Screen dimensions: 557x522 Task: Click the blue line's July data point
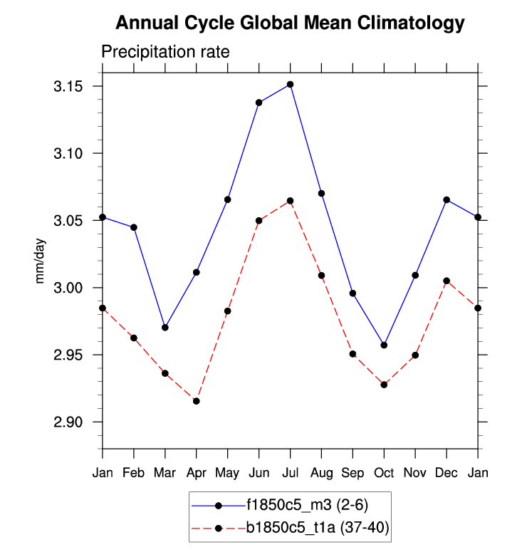(291, 85)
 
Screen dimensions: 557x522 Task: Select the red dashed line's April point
(197, 401)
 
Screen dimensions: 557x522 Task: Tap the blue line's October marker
(385, 345)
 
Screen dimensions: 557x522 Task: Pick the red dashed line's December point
(447, 281)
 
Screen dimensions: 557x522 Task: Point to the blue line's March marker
(165, 328)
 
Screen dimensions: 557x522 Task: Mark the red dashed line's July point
(291, 201)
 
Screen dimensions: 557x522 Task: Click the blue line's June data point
(259, 103)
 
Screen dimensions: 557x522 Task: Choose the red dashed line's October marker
(385, 385)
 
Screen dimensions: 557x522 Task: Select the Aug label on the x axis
(322, 473)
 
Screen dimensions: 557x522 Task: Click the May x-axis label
(228, 473)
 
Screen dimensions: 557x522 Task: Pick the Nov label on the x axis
(416, 473)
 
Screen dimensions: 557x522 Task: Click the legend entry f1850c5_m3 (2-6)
(307, 505)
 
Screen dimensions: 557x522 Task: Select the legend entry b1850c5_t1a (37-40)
(317, 527)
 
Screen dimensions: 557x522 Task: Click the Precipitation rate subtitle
(165, 52)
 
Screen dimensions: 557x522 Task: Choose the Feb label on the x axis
(134, 473)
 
